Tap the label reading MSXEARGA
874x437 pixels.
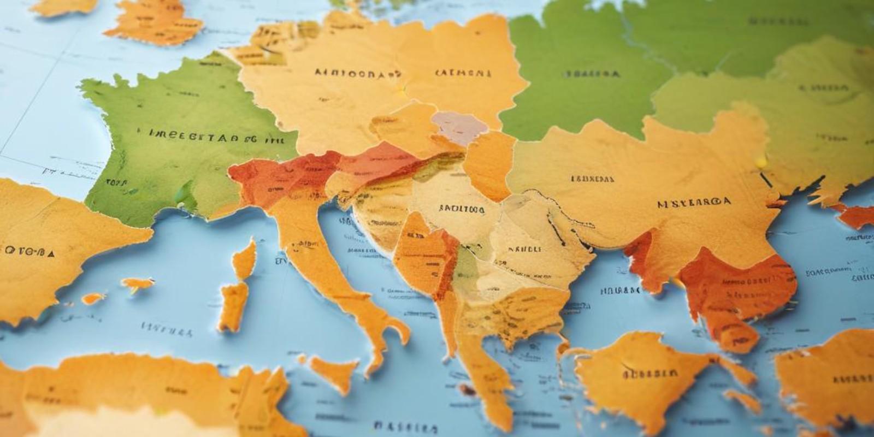click(x=694, y=203)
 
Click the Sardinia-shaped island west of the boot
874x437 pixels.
click(x=233, y=305)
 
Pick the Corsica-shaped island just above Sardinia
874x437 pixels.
click(x=244, y=259)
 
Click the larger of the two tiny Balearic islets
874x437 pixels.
click(x=137, y=284)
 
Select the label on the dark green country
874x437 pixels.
click(x=593, y=73)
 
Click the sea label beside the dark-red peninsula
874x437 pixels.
click(x=620, y=291)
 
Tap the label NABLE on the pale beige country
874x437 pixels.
click(x=524, y=249)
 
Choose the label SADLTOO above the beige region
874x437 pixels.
click(x=461, y=208)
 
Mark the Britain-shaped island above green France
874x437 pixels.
click(x=153, y=22)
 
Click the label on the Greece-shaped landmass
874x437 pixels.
click(x=650, y=374)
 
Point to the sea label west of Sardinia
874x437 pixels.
click(x=167, y=328)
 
